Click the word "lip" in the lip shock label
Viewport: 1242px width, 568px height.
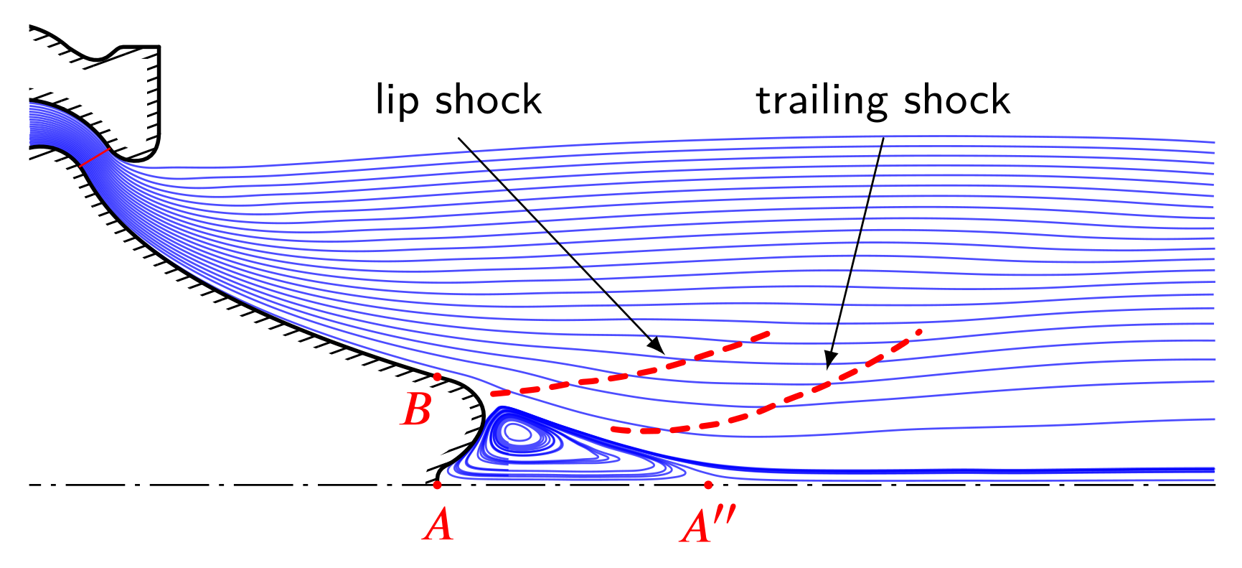tap(397, 100)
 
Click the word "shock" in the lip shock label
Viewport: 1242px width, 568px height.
tap(488, 100)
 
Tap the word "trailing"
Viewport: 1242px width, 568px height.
tap(822, 101)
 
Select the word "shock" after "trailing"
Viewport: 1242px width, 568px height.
tap(956, 100)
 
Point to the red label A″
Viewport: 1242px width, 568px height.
tap(707, 526)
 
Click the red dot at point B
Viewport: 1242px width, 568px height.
tap(437, 376)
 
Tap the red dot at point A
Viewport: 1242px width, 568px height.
tap(437, 485)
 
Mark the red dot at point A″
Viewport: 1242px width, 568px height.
tap(708, 485)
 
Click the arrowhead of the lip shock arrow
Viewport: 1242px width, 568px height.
tap(659, 347)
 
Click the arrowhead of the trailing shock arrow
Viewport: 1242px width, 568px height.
tap(829, 363)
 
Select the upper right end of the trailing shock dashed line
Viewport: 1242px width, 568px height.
tap(918, 331)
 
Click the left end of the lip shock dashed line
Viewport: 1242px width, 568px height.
tap(493, 394)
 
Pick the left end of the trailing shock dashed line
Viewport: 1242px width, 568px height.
tap(614, 429)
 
